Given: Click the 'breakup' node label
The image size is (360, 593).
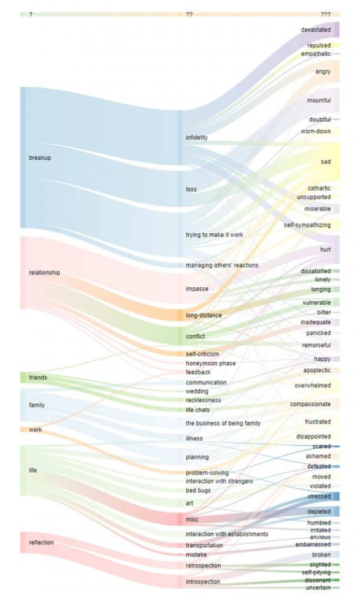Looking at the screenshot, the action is click(x=40, y=158).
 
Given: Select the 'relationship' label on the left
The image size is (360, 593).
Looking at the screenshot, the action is click(x=44, y=272).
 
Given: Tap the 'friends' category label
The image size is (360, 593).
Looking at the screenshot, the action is click(x=38, y=378).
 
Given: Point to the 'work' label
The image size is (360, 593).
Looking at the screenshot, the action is click(x=35, y=429).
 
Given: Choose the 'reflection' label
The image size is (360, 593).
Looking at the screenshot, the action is click(x=41, y=542).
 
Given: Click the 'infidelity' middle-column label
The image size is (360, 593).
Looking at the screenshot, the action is click(x=197, y=137).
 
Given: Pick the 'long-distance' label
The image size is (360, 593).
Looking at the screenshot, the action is click(x=204, y=315).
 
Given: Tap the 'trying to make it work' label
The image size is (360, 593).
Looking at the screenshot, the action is click(x=214, y=235).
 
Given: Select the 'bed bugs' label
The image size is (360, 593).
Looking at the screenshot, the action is click(x=198, y=490).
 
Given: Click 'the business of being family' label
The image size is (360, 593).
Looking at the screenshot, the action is click(x=223, y=423).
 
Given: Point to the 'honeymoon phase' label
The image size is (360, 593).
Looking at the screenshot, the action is click(x=211, y=363).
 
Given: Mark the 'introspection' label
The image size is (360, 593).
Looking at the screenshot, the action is click(x=203, y=581).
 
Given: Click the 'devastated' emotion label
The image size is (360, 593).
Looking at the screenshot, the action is click(x=316, y=30).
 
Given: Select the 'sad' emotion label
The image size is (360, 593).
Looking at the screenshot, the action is click(x=326, y=162).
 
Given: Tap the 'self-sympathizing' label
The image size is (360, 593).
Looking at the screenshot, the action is click(x=307, y=225).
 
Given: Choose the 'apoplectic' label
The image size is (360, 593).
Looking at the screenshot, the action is click(x=317, y=370).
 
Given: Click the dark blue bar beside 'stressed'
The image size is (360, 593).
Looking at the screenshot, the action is click(x=336, y=496).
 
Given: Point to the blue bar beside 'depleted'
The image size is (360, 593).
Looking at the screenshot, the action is click(x=336, y=511).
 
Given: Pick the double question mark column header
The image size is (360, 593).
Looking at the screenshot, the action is click(x=189, y=14).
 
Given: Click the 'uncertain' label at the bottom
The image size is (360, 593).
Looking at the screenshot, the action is click(x=318, y=587).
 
